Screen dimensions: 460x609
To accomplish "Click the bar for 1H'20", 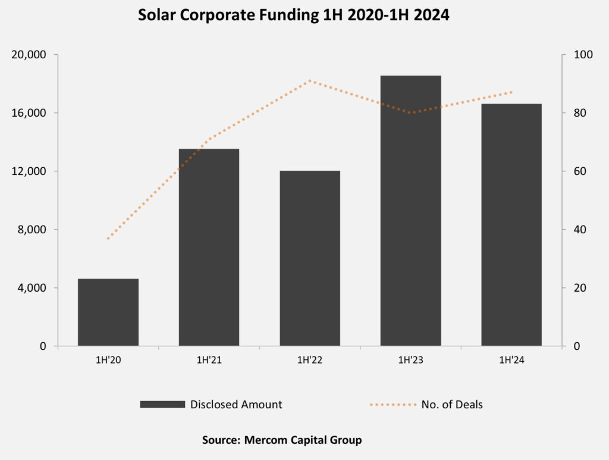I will [x=108, y=312].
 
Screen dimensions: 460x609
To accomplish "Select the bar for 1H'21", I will [x=209, y=247].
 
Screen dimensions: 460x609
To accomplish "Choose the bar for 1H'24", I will [x=511, y=224].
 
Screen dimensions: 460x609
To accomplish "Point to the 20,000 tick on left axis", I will [x=30, y=55].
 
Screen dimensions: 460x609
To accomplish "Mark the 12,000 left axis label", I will [x=30, y=171].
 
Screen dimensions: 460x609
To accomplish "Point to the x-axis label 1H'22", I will [x=309, y=361].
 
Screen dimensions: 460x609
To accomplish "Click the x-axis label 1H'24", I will [x=511, y=361].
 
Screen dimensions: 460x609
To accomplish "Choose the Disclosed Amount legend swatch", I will [x=162, y=405].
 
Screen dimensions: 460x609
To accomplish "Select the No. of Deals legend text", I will [x=452, y=405].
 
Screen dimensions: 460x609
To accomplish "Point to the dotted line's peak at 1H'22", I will [x=310, y=80].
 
